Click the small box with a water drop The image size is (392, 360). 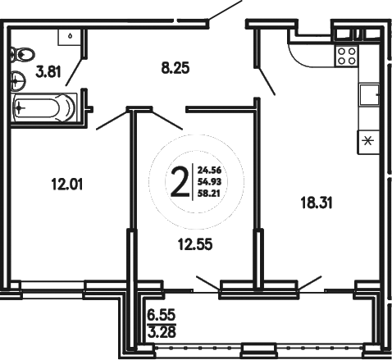coord(72,35)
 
